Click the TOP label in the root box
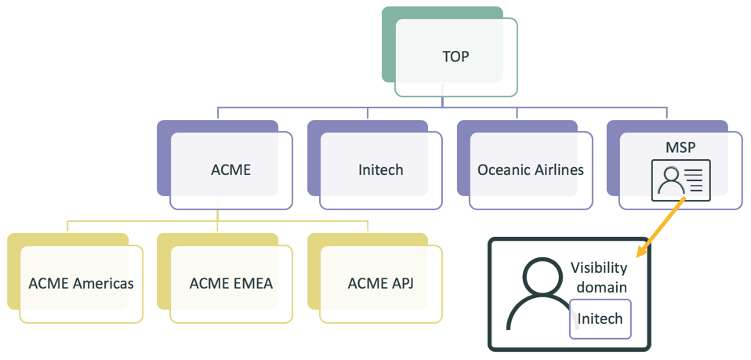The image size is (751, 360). click(455, 57)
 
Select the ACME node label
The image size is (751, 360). click(230, 169)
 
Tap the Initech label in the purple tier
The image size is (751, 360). click(380, 169)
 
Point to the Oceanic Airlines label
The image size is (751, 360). click(530, 169)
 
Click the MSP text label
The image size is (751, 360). click(680, 147)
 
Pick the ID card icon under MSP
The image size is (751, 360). click(680, 180)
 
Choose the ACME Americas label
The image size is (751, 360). click(81, 283)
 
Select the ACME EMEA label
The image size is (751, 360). click(231, 283)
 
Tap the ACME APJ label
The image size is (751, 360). click(381, 283)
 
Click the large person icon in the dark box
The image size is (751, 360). click(537, 294)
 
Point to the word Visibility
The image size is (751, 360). click(599, 267)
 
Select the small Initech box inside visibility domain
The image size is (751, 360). click(600, 318)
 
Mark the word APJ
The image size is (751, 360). click(401, 283)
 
